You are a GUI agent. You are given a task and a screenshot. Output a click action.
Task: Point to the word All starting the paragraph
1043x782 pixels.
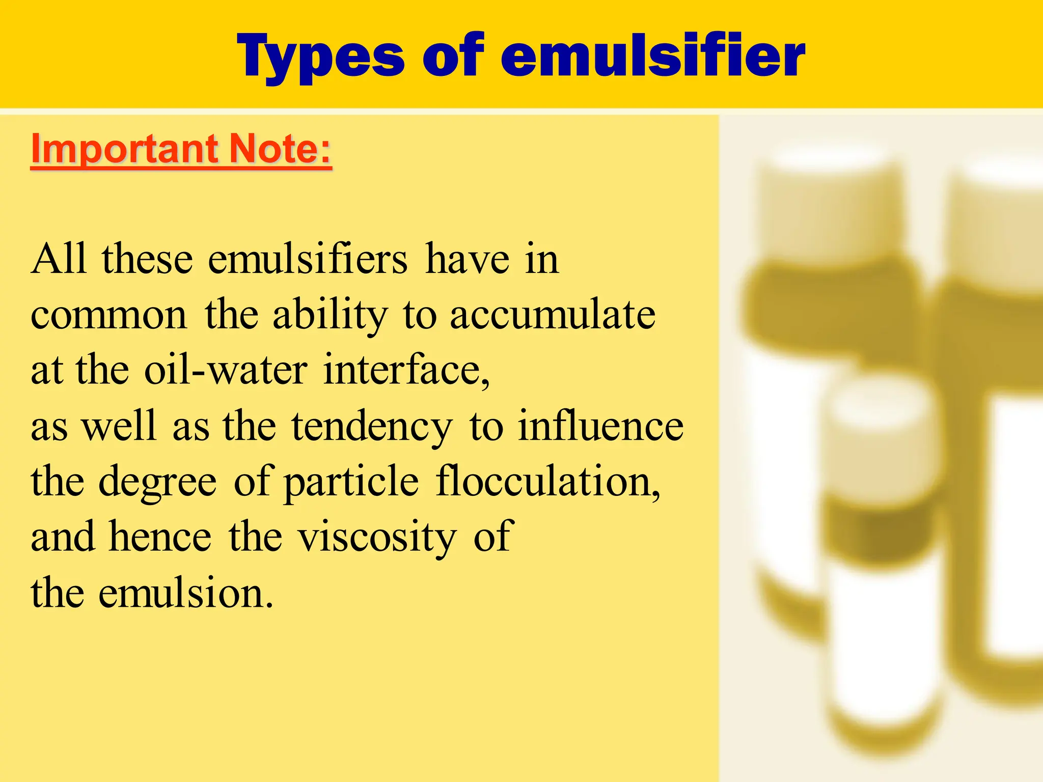tap(58, 259)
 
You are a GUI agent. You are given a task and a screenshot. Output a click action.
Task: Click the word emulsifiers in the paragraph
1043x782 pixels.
tap(308, 259)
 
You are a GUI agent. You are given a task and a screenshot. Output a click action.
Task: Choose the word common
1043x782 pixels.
tap(109, 315)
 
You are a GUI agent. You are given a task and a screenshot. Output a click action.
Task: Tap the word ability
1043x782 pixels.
tap(331, 315)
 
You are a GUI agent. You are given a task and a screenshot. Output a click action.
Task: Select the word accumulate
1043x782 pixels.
tap(553, 314)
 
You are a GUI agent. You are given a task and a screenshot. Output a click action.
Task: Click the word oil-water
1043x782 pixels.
tap(226, 370)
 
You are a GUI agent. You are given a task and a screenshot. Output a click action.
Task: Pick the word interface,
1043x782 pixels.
tap(406, 370)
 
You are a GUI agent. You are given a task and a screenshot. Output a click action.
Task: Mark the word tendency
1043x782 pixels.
tap(372, 426)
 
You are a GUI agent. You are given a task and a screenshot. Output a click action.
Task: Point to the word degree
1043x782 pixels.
tap(157, 482)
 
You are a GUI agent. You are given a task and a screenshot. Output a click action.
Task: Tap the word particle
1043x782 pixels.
tap(351, 482)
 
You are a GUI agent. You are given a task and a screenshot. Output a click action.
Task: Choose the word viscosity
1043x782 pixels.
tap(377, 537)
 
